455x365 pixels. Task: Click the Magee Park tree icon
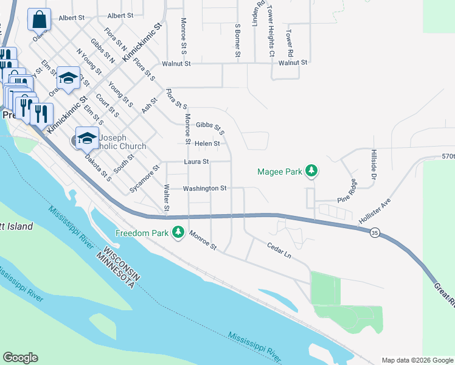[312, 172]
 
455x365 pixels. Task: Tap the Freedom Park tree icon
[178, 232]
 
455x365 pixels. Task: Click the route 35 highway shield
[375, 233]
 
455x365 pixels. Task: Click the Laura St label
[196, 162]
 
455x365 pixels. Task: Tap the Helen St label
[207, 144]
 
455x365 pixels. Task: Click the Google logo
[20, 358]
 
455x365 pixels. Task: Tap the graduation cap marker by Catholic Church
[87, 137]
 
